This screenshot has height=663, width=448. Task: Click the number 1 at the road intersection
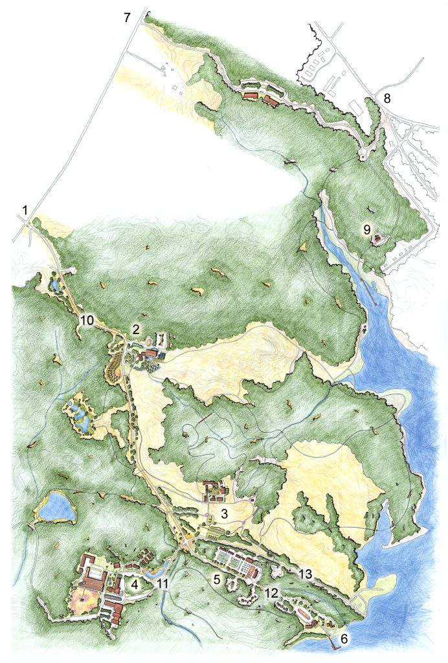coord(25,210)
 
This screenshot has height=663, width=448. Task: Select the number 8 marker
coord(387,99)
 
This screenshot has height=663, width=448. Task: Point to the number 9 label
coord(366,229)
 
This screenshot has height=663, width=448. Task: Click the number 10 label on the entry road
coord(87,320)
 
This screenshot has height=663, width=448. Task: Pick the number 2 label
coord(136,329)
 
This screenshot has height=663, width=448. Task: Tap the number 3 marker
coord(224,515)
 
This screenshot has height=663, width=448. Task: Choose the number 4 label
coord(135,584)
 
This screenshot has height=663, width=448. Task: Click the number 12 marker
coord(271,592)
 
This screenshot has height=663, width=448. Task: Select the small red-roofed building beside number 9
coord(376,240)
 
